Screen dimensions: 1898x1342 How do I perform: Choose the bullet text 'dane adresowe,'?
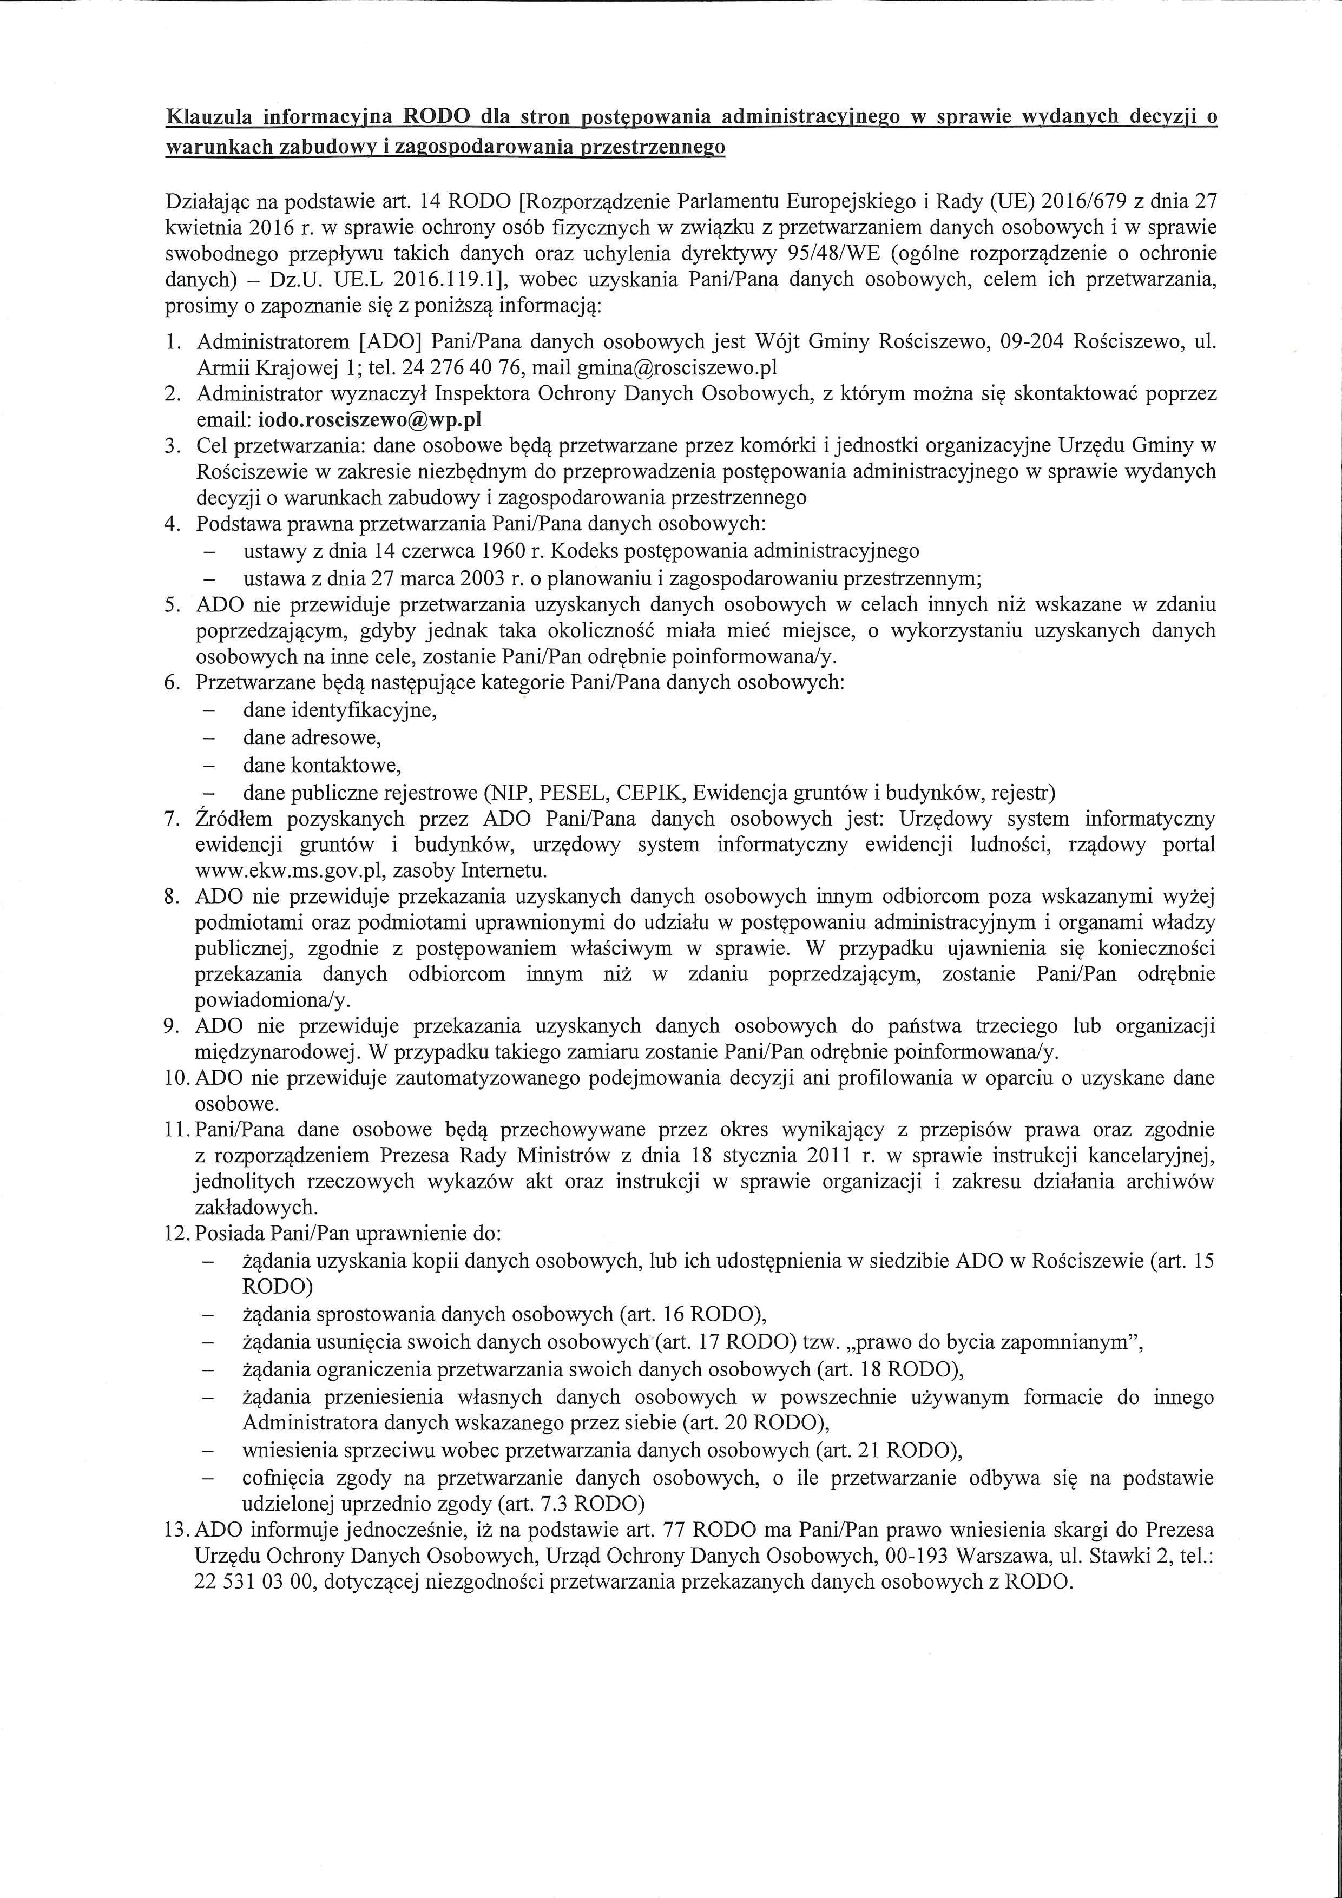tap(312, 737)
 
